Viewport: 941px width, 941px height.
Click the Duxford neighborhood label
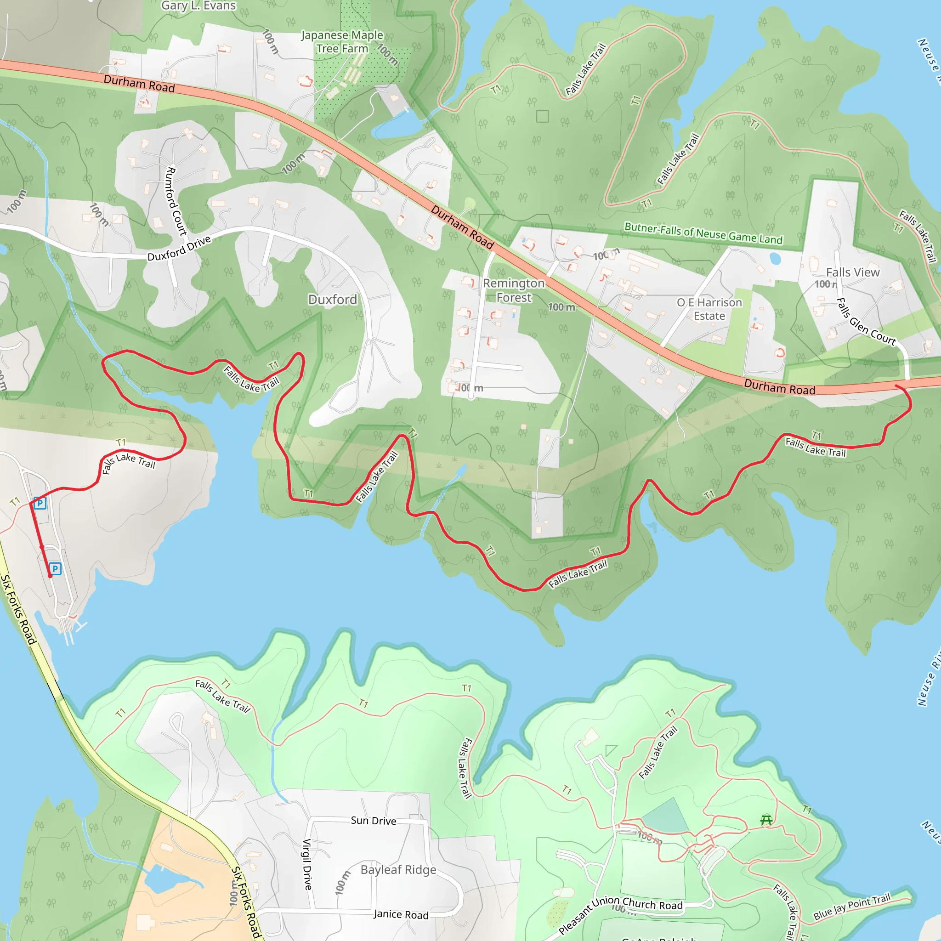[333, 300]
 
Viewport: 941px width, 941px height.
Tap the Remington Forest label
[514, 290]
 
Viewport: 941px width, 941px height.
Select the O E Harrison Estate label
[709, 309]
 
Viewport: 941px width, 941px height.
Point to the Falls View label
[853, 272]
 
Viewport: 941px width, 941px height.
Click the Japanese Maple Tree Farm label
[342, 42]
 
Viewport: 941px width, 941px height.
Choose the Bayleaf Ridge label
[398, 870]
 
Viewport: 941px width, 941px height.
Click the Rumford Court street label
[176, 201]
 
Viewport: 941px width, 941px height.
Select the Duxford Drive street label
[179, 249]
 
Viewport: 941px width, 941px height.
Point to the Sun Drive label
[374, 821]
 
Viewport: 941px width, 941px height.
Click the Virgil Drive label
[307, 864]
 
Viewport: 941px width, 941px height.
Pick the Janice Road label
[401, 915]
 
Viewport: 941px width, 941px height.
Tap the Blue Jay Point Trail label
[852, 907]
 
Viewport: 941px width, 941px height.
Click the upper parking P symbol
[40, 503]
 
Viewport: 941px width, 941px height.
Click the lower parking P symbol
[56, 568]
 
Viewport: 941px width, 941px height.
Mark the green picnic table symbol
[766, 820]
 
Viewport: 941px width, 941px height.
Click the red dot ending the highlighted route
[50, 576]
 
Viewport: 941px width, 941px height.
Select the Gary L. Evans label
[198, 6]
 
